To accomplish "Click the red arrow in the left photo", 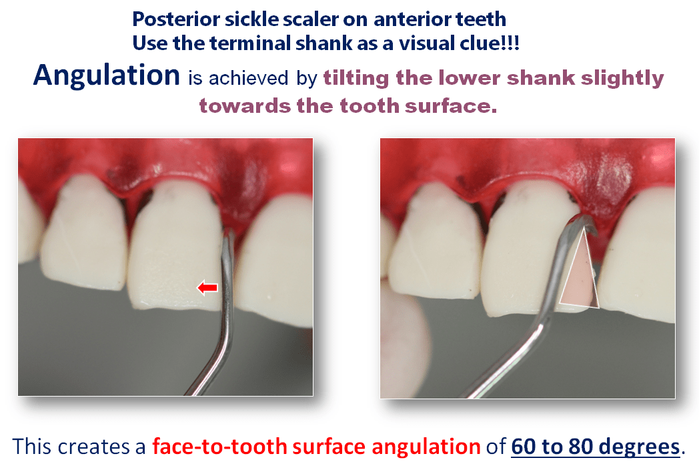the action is tap(207, 288).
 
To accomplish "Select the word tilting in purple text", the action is tap(357, 78).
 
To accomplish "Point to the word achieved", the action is tap(249, 79).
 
